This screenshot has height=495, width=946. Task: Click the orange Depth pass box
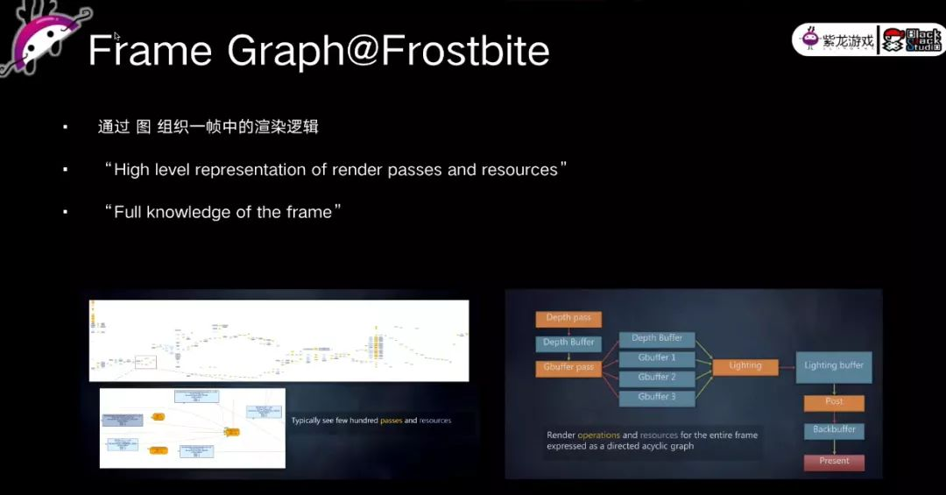(x=568, y=319)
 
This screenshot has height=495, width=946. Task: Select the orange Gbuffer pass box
(x=568, y=368)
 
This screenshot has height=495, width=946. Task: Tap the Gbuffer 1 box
(x=656, y=358)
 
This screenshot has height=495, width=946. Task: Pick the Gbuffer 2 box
(x=656, y=378)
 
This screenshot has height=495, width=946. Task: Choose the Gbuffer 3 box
(x=656, y=398)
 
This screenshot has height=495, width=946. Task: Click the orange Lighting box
(x=745, y=366)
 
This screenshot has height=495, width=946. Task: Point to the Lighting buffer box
(x=833, y=366)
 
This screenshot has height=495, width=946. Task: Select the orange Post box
(x=834, y=402)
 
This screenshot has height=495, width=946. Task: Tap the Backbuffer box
(x=834, y=430)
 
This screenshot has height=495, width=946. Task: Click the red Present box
(x=834, y=461)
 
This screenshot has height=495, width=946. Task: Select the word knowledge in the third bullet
(x=209, y=212)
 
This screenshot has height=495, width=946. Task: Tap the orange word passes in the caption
(x=391, y=421)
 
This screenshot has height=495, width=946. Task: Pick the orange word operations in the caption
(x=598, y=435)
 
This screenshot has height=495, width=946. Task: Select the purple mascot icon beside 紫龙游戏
(x=810, y=39)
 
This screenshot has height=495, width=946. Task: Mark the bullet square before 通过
(x=66, y=128)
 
